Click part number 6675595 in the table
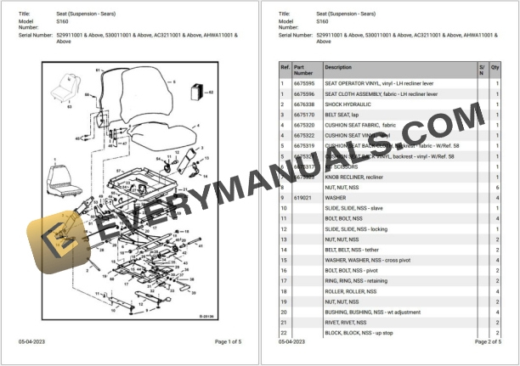(x=305, y=84)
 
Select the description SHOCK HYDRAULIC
(x=350, y=104)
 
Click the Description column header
(x=338, y=67)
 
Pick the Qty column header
(x=495, y=67)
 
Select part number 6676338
(x=305, y=104)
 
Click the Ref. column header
(x=285, y=67)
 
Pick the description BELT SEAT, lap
(x=343, y=115)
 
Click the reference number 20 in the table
(x=284, y=312)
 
